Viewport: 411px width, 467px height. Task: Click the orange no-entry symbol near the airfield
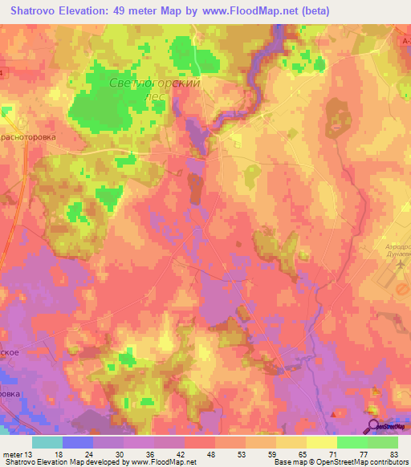click(403, 287)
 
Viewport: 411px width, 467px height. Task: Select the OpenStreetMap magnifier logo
click(373, 428)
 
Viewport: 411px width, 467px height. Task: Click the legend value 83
click(393, 453)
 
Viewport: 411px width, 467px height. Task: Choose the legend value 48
click(210, 453)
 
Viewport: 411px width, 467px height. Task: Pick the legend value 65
click(301, 453)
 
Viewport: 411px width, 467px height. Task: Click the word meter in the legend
click(14, 453)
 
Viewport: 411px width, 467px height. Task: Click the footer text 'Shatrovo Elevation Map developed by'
click(60, 462)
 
